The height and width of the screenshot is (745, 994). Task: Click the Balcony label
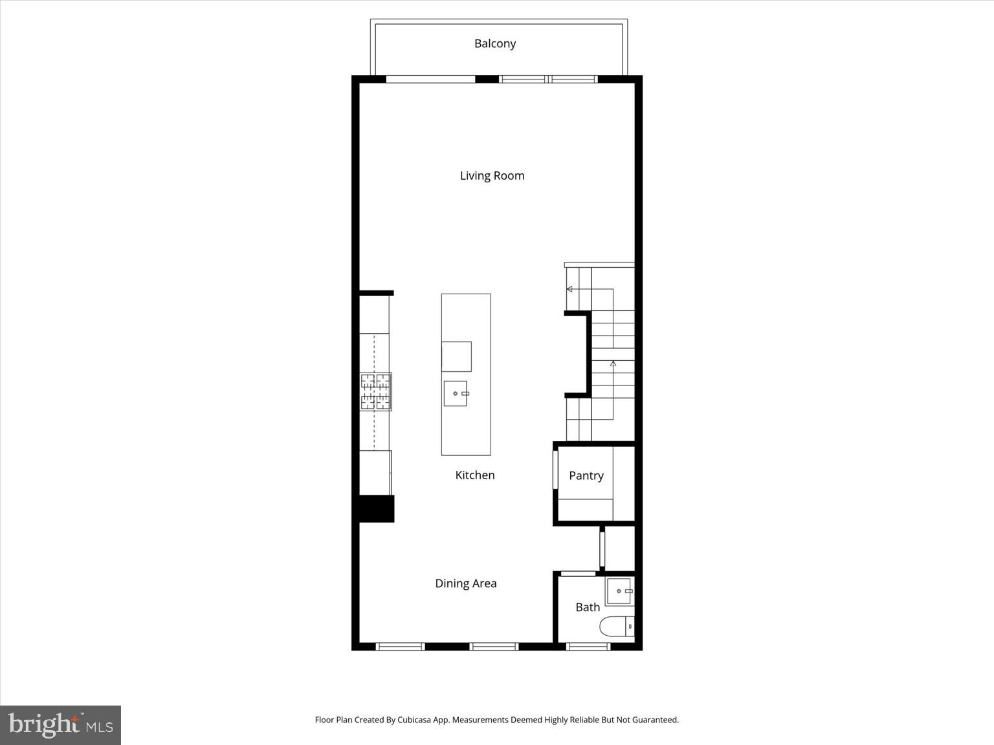[x=495, y=43]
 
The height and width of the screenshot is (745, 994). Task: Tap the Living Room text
[x=492, y=176]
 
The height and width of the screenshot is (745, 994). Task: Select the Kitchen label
[x=475, y=475]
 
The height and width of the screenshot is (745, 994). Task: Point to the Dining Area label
[x=465, y=583]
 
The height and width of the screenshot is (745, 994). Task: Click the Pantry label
[x=586, y=476]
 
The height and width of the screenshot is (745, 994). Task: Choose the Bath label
[x=588, y=607]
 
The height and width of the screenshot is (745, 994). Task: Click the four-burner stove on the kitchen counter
[x=375, y=392]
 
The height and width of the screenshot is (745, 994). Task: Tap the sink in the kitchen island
[x=456, y=393]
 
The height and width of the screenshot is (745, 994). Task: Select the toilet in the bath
[x=617, y=627]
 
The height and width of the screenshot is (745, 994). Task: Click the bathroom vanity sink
[x=619, y=591]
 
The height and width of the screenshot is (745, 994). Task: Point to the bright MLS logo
[x=60, y=725]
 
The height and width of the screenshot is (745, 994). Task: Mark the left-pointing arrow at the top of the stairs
[x=569, y=289]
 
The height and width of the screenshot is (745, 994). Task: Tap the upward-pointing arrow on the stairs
[x=613, y=364]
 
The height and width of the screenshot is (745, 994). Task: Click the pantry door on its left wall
[x=555, y=470]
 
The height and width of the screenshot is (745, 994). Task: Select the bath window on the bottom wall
[x=588, y=646]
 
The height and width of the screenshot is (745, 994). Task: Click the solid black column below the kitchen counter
[x=376, y=508]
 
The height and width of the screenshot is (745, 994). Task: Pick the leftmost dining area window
[x=400, y=646]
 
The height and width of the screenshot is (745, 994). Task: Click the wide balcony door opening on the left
[x=430, y=80]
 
